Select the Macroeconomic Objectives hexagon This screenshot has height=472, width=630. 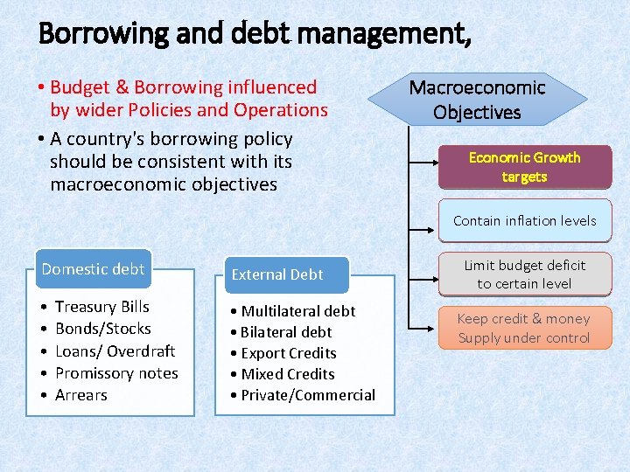point(477,100)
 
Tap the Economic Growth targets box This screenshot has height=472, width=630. point(524,167)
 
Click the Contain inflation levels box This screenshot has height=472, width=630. point(524,221)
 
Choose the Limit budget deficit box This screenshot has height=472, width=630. point(524,274)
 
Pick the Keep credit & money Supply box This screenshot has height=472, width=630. point(524,329)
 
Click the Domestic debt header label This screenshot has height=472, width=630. point(93,269)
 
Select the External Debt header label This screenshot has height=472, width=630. point(277,274)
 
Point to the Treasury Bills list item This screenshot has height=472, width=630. point(101,307)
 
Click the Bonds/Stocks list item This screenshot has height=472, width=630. point(102,329)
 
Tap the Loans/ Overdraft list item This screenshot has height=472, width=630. point(115,351)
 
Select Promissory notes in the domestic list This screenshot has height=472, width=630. point(116,373)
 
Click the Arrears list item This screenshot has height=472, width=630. point(80,395)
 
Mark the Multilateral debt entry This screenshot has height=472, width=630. point(297,311)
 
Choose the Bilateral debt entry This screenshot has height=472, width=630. point(286,332)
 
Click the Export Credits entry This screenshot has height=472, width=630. point(288,353)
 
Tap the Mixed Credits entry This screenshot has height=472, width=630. point(287,374)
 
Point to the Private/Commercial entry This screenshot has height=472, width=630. point(307,395)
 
